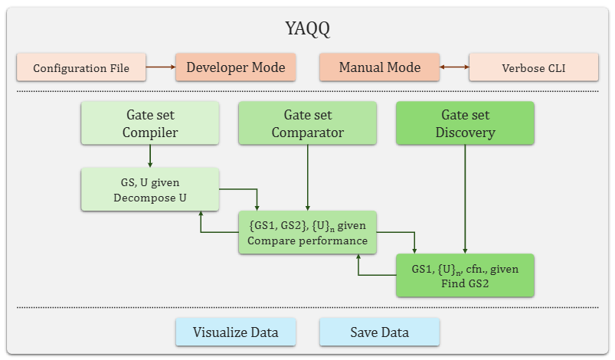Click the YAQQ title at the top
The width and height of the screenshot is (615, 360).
click(x=307, y=31)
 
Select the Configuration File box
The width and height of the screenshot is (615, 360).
click(x=80, y=67)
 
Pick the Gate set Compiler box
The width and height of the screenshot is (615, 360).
click(x=151, y=123)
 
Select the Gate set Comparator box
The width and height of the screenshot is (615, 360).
click(x=308, y=123)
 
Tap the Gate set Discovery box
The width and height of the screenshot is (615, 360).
click(x=465, y=123)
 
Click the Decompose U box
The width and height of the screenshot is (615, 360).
click(x=150, y=189)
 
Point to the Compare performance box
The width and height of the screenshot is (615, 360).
click(x=308, y=232)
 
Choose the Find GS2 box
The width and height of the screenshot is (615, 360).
click(x=465, y=275)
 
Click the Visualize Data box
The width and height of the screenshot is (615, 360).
click(x=236, y=332)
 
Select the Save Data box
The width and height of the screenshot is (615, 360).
click(x=379, y=332)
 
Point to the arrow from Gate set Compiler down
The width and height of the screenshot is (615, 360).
click(x=150, y=156)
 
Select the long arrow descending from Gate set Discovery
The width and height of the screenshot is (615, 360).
click(x=465, y=199)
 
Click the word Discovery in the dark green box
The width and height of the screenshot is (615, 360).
click(x=465, y=133)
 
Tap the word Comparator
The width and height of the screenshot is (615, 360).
click(x=308, y=133)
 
